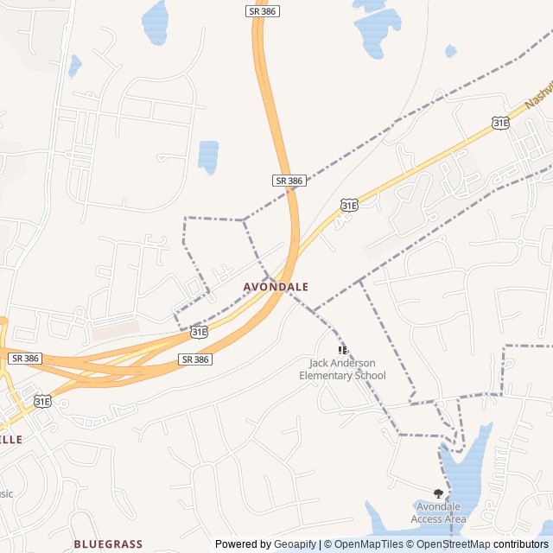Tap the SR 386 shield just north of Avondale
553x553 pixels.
coord(289,181)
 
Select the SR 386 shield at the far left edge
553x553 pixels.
coord(24,358)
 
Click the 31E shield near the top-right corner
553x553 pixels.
coord(500,124)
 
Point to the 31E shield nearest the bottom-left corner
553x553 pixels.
coord(42,401)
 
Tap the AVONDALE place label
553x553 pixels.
coord(276,286)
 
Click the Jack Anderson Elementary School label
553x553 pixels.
coord(342,370)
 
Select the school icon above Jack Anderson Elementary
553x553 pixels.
coord(343,350)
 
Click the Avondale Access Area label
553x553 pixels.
coord(440,512)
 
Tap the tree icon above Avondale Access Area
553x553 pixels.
coord(438,493)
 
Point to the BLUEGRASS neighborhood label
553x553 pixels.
coord(108,543)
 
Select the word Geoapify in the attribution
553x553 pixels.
coord(295,544)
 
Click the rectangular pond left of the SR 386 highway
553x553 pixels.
coord(208,156)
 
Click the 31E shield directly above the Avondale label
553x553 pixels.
coord(348,205)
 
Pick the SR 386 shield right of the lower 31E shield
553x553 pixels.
coord(196,359)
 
